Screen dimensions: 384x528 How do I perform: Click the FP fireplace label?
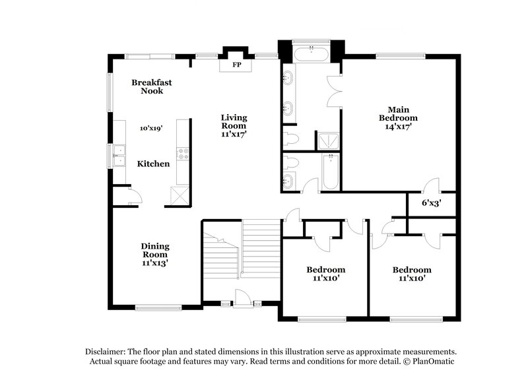pyautogui.click(x=236, y=65)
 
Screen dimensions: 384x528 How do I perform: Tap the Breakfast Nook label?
pyautogui.click(x=147, y=86)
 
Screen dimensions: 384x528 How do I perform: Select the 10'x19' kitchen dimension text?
pyautogui.click(x=151, y=129)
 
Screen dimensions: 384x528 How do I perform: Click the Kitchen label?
pyautogui.click(x=153, y=164)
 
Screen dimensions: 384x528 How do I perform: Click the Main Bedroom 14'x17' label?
pyautogui.click(x=398, y=118)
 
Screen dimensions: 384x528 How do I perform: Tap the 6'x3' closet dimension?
pyautogui.click(x=431, y=203)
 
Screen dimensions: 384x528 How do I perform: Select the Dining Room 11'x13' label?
pyautogui.click(x=154, y=254)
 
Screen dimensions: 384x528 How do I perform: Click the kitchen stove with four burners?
pyautogui.click(x=183, y=155)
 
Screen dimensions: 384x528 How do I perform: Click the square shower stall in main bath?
pyautogui.click(x=328, y=139)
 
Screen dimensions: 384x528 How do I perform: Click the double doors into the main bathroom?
pyautogui.click(x=334, y=91)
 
